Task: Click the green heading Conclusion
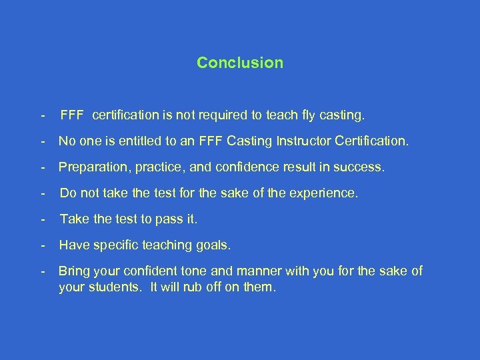tap(240, 63)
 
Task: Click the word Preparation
tap(91, 167)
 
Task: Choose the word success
tap(361, 167)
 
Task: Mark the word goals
tap(213, 245)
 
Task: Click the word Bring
tap(74, 271)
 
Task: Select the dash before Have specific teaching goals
tap(43, 245)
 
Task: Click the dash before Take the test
tap(43, 219)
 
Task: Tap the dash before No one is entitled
tap(43, 141)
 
